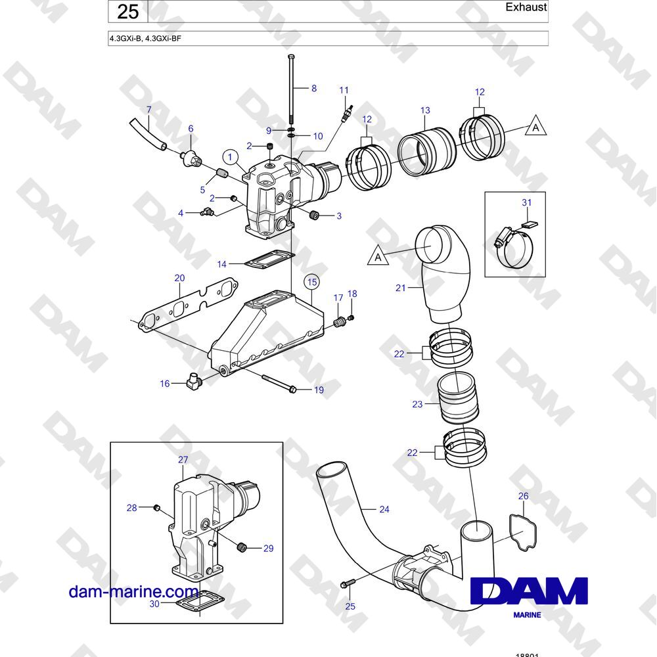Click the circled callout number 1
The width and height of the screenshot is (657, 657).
[x=230, y=158]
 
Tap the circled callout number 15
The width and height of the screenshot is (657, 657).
[x=312, y=282]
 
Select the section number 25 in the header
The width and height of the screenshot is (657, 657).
[x=128, y=11]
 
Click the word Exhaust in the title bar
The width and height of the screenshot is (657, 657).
[x=526, y=7]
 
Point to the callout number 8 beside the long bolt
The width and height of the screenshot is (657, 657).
[x=314, y=89]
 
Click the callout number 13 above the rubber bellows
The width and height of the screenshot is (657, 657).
[x=425, y=110]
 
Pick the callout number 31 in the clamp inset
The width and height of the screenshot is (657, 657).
[x=527, y=203]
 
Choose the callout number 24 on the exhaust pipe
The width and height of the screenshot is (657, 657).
[x=384, y=510]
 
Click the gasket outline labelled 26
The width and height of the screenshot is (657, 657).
[x=522, y=532]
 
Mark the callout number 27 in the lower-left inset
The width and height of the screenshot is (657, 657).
[x=183, y=460]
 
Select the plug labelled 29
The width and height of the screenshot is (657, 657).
[x=241, y=547]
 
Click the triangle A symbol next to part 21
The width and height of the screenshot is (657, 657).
[x=378, y=256]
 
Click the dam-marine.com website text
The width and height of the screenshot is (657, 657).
[x=133, y=592]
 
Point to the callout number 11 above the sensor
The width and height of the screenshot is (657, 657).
[x=344, y=90]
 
